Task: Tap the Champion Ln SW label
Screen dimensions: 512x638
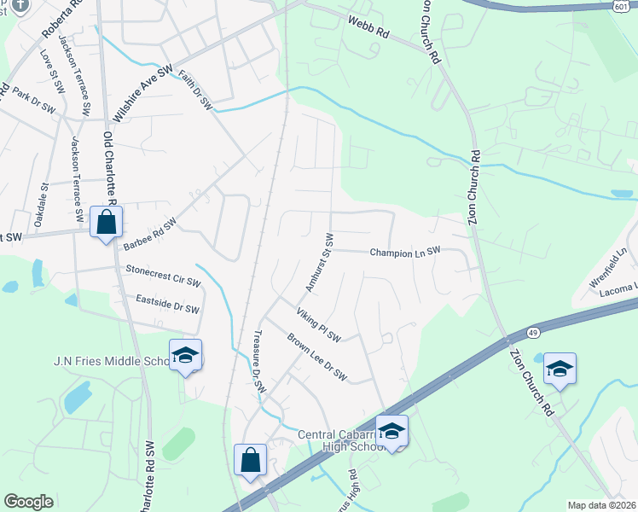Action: (405, 252)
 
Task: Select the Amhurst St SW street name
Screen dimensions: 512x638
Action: (318, 262)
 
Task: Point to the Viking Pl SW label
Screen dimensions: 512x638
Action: (318, 325)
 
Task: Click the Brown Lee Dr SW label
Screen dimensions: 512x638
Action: (316, 357)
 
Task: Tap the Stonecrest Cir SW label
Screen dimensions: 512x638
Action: (163, 275)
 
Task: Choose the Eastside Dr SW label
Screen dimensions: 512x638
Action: (167, 303)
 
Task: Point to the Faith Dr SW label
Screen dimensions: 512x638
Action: (194, 90)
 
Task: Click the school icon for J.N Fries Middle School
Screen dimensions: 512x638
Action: (185, 354)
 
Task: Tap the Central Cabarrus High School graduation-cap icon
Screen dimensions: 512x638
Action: (391, 430)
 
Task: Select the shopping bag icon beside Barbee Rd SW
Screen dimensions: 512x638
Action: (107, 223)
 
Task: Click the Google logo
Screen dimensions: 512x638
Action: (28, 501)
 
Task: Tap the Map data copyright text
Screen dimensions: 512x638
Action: (600, 505)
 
